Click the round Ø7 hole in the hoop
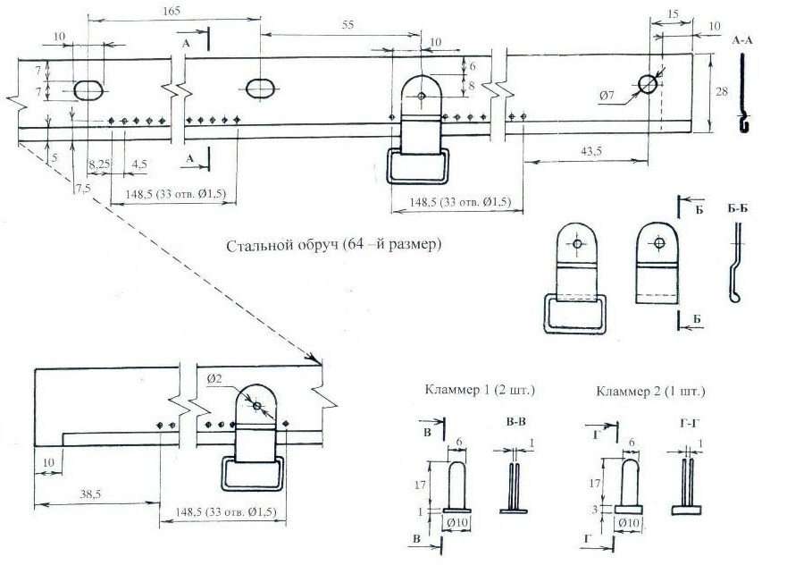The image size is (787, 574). [647, 83]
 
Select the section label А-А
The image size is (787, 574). [743, 41]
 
